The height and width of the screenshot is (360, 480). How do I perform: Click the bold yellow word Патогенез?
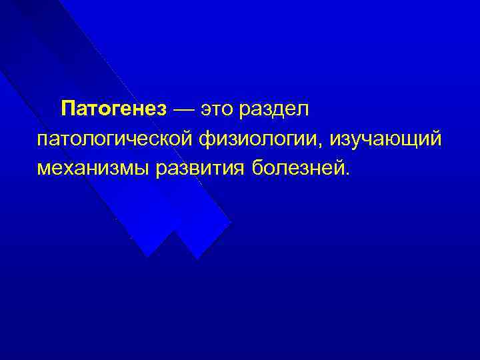pos(113,108)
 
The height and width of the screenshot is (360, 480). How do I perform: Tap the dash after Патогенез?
pos(183,109)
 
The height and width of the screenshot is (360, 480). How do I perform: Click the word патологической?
pos(115,139)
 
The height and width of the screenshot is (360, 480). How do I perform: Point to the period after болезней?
pos(345,173)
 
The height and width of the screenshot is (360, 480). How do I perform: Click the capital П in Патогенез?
pos(67,108)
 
